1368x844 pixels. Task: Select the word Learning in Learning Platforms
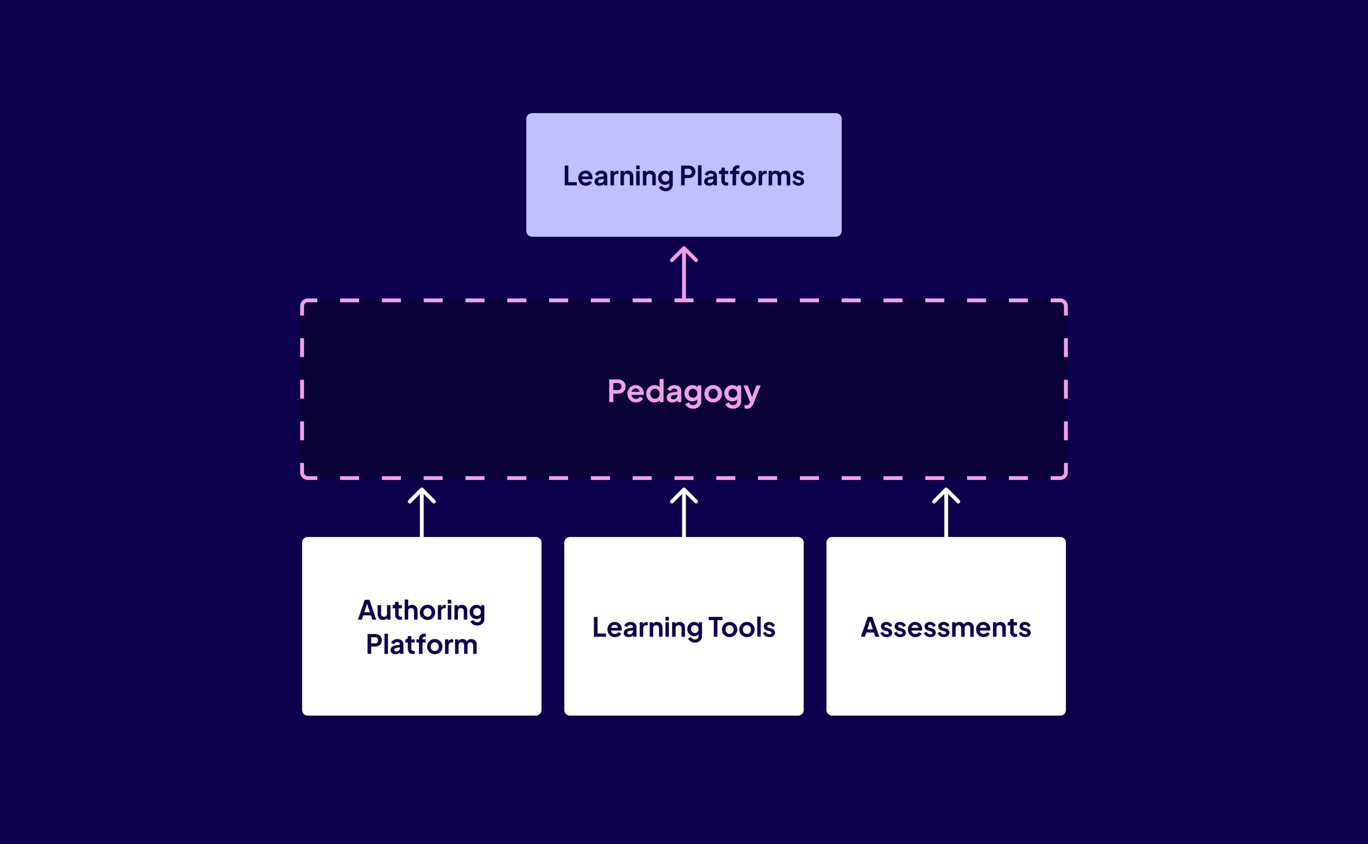click(618, 176)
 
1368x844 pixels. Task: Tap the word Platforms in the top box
click(742, 176)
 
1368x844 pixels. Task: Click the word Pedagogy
click(683, 391)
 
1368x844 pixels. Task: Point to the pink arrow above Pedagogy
click(683, 276)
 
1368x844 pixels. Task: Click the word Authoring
click(421, 610)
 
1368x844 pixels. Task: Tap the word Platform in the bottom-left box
click(421, 645)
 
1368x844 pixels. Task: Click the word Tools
click(741, 627)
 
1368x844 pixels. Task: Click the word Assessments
click(946, 627)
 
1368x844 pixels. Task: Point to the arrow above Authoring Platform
click(421, 516)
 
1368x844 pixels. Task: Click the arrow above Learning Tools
click(683, 516)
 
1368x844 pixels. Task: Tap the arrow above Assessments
click(946, 516)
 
